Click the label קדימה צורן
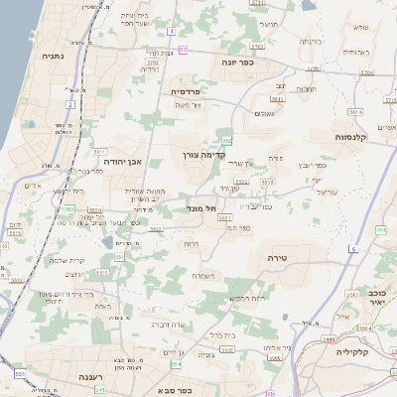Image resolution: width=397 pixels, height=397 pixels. pos(205,155)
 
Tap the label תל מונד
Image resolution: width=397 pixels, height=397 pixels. pos(202,209)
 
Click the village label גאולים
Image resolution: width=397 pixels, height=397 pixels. pos(265,114)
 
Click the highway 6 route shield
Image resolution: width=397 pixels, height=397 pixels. pos(353,249)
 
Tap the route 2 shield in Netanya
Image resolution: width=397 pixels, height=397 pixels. pos(70,103)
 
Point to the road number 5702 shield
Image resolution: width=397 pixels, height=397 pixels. pos(258,46)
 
